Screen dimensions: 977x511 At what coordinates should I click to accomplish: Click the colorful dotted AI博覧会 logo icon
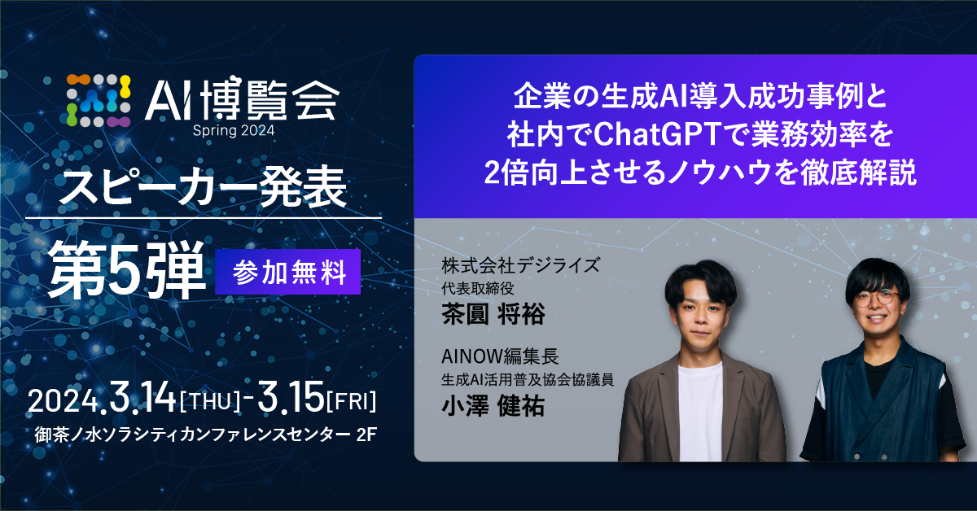tap(99, 101)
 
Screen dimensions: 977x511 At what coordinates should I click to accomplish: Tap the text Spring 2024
tap(234, 130)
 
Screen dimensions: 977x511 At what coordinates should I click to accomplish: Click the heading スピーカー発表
tap(203, 187)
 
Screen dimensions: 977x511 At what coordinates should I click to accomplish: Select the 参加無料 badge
tap(288, 272)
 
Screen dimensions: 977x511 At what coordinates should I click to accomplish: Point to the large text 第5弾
tap(127, 270)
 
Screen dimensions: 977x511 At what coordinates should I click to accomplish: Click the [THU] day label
tap(209, 401)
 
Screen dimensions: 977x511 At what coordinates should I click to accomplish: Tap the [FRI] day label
tap(351, 401)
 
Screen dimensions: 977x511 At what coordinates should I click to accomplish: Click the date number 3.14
tap(142, 397)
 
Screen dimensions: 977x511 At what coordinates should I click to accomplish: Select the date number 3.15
tap(291, 397)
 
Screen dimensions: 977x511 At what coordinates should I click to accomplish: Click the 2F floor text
tap(366, 435)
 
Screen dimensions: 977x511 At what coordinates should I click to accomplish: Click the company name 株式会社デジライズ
tap(521, 265)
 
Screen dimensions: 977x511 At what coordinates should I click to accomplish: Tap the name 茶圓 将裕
tap(493, 314)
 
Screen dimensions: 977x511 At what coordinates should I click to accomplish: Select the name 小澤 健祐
tap(493, 405)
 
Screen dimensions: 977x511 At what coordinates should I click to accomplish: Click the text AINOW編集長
tap(500, 356)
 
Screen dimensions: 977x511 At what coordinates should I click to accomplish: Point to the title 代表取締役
tap(478, 288)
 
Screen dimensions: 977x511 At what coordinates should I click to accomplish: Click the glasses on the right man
tap(877, 299)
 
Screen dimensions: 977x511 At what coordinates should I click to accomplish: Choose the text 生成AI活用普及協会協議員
tap(528, 380)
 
